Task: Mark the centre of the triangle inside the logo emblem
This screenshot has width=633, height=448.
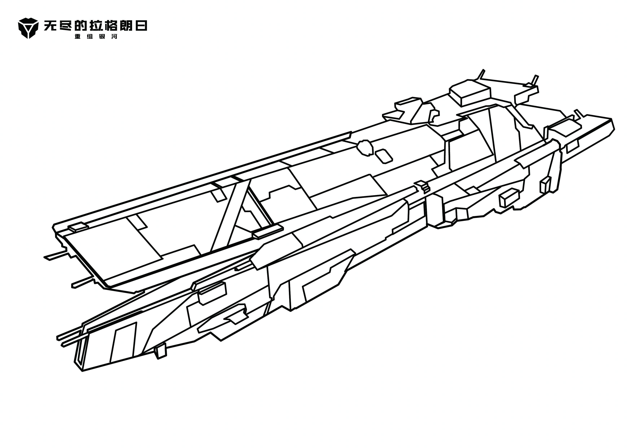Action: (x=28, y=28)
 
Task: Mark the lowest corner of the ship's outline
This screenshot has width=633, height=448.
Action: (x=82, y=371)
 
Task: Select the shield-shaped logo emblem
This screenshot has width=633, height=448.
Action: (x=28, y=28)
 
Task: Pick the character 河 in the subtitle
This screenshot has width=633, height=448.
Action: (x=114, y=36)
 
